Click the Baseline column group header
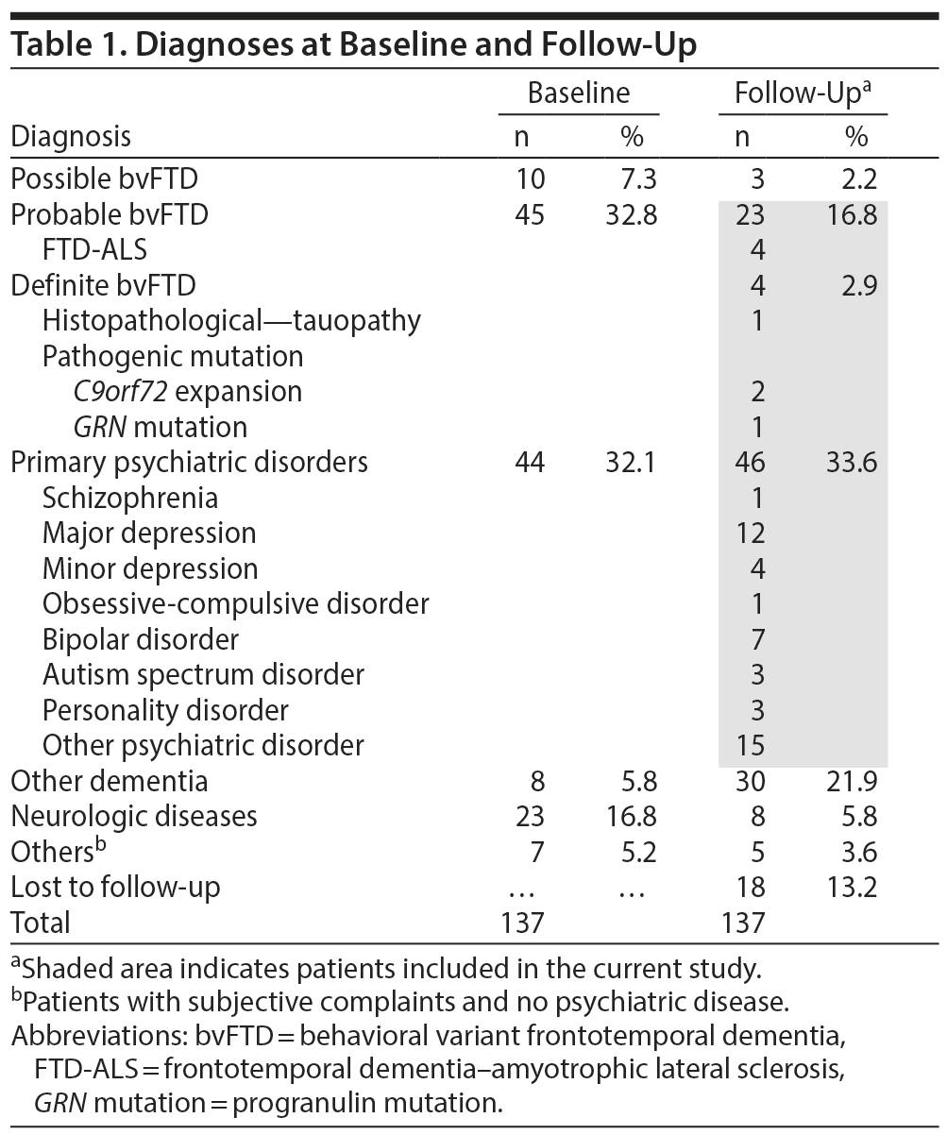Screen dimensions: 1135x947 pyautogui.click(x=578, y=93)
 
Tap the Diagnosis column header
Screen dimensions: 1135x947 pyautogui.click(x=71, y=137)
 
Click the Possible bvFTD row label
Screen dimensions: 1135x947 pyautogui.click(x=104, y=178)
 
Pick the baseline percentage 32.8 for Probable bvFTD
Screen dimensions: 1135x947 pyautogui.click(x=631, y=214)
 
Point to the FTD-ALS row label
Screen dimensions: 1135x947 pyautogui.click(x=94, y=250)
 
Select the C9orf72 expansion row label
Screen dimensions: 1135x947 pyautogui.click(x=187, y=391)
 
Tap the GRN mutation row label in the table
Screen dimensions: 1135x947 pyautogui.click(x=160, y=427)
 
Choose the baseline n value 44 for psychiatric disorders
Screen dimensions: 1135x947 pyautogui.click(x=529, y=463)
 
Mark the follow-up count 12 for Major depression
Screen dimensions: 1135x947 pyautogui.click(x=750, y=534)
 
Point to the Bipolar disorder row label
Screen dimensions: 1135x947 pyautogui.click(x=141, y=639)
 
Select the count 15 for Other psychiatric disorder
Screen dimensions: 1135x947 pyautogui.click(x=750, y=746)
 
